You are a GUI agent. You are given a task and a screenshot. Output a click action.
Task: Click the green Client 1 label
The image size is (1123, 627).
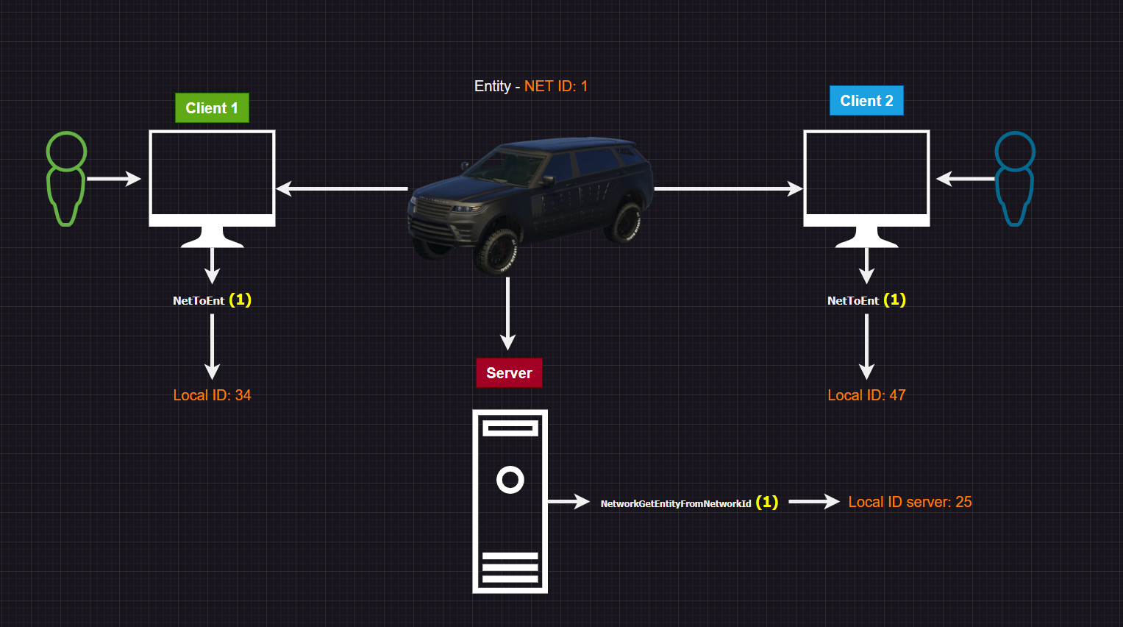click(x=212, y=108)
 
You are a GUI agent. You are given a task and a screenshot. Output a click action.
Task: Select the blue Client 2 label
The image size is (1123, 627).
click(x=866, y=101)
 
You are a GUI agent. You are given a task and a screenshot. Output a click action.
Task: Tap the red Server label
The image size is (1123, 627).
click(x=509, y=373)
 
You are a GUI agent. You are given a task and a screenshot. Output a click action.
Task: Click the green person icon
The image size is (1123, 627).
click(x=66, y=178)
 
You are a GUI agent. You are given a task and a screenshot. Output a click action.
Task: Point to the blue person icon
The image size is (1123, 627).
click(x=1015, y=178)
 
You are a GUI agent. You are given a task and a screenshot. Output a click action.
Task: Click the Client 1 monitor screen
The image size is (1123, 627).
click(x=212, y=174)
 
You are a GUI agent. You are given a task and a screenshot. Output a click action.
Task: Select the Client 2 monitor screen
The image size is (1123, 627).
click(x=866, y=174)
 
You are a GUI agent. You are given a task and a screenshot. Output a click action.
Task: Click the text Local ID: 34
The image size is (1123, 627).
click(x=212, y=395)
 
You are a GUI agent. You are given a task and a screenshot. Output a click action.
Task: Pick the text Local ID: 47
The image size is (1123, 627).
click(x=866, y=395)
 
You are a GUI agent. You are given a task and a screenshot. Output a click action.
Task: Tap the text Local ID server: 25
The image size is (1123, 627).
click(x=910, y=502)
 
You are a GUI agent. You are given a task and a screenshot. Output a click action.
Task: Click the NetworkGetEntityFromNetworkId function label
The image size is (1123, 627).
click(x=676, y=503)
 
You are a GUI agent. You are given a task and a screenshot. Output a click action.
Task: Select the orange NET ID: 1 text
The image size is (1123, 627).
click(x=555, y=86)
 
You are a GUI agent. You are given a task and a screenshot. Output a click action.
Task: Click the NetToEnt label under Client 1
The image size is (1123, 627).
click(x=199, y=300)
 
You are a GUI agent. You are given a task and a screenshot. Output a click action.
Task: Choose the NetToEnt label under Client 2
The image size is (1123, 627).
click(x=854, y=300)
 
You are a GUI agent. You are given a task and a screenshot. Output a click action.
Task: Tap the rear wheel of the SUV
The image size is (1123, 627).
click(x=626, y=222)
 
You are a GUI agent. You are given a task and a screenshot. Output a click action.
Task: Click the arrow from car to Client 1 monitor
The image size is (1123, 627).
click(x=342, y=189)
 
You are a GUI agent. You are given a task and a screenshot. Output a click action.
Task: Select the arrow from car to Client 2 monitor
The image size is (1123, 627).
click(x=728, y=189)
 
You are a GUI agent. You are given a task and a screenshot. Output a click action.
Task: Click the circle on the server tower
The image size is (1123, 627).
click(x=510, y=480)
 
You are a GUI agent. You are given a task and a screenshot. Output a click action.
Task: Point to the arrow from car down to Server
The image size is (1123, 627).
click(x=507, y=313)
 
